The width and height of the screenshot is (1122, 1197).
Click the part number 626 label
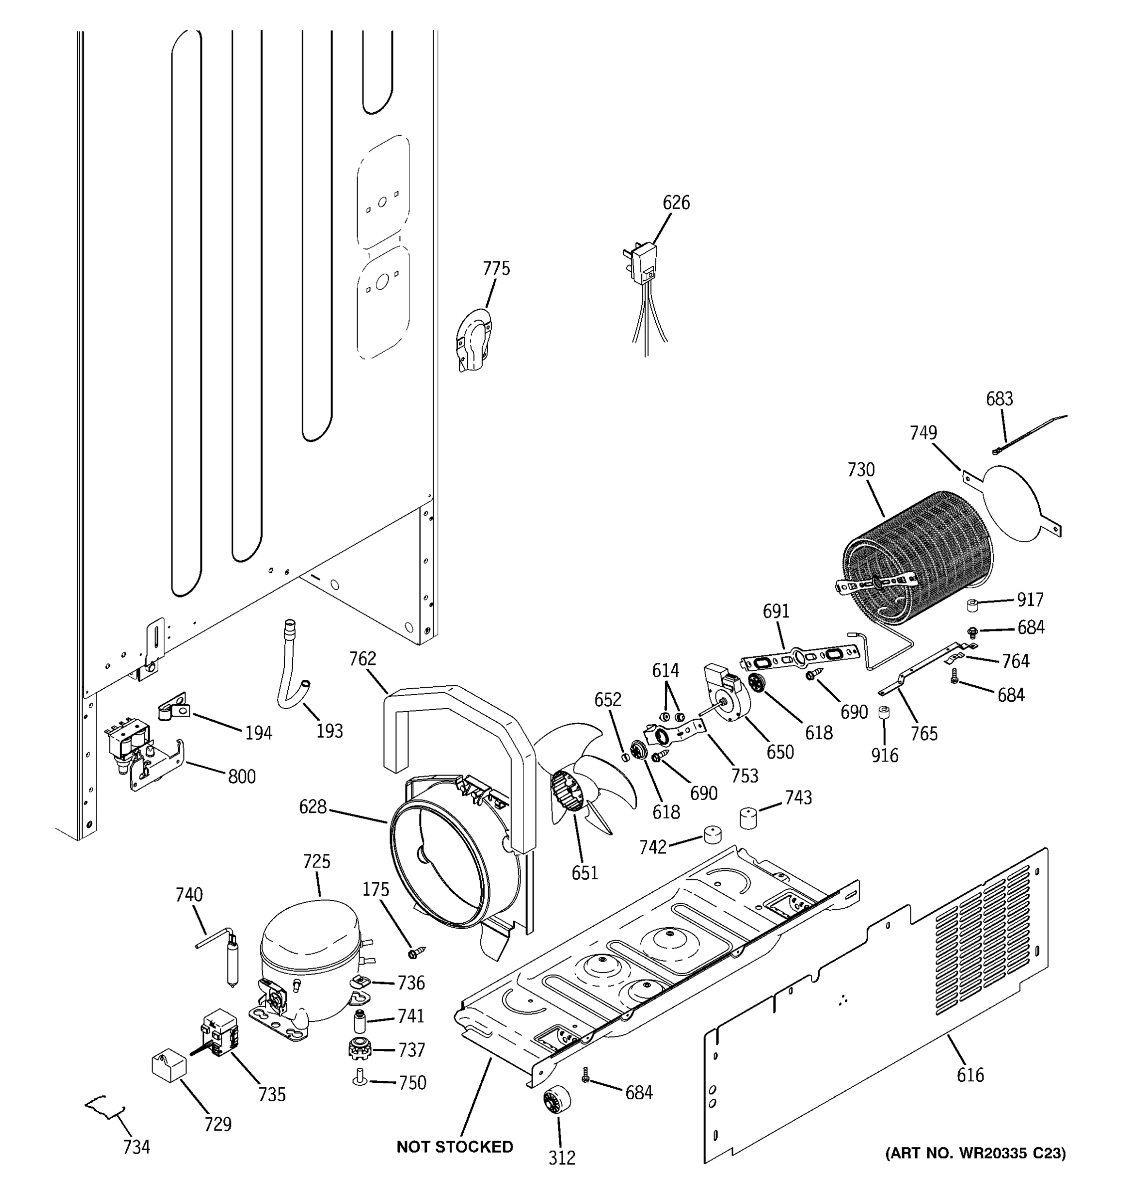tap(676, 202)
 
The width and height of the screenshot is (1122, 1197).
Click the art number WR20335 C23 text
tap(975, 1153)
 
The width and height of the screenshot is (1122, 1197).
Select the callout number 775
tap(496, 268)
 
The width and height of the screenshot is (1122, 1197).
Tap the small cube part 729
tap(169, 1064)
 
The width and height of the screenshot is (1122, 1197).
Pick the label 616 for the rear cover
tap(970, 1074)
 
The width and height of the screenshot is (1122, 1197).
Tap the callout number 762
tap(363, 659)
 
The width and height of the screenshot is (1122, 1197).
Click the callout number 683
tap(999, 399)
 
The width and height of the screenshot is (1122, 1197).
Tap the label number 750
tap(412, 1083)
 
